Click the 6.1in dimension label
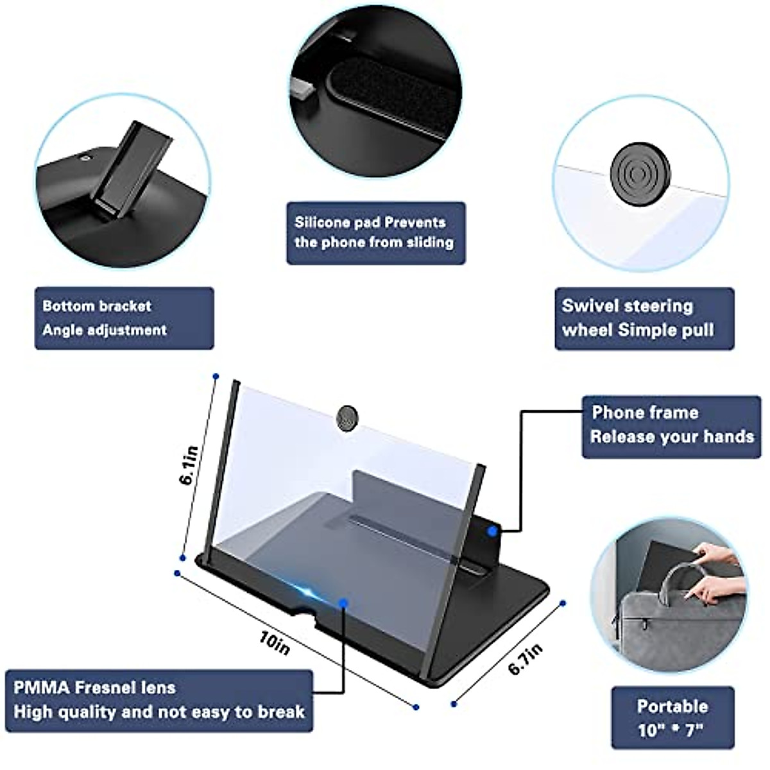191,465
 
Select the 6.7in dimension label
526,658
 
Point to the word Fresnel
125,688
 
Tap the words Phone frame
645,413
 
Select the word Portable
672,706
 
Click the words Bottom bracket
96,306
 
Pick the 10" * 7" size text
671,730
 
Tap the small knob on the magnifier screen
347,417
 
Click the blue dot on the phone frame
492,531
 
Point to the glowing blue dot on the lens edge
345,603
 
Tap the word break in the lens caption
281,712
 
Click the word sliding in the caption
430,243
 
